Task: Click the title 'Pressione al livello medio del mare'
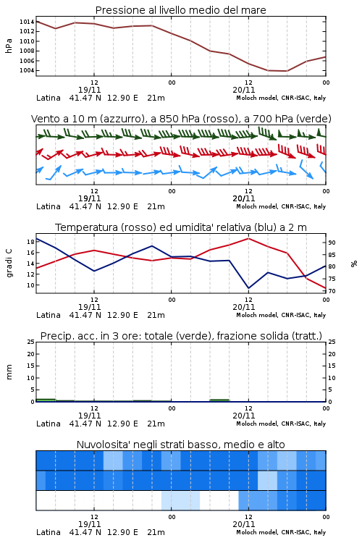[x=180, y=10]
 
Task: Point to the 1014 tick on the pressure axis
[x=27, y=22]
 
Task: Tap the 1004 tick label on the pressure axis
[x=27, y=71]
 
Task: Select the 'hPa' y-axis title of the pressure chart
[x=9, y=46]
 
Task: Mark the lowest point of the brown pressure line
[x=287, y=71]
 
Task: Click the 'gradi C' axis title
[x=9, y=264]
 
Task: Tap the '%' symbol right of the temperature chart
[x=354, y=264]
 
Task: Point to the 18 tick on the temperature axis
[x=30, y=242]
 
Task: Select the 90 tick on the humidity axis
[x=332, y=243]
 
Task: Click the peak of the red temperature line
[x=248, y=238]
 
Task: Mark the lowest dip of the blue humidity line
[x=248, y=287]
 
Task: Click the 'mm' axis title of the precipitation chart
[x=9, y=372]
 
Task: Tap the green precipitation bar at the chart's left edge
[x=46, y=400]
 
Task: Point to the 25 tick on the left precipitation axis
[x=30, y=342]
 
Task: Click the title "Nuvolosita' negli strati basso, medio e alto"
[x=180, y=445]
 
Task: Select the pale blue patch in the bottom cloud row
[x=180, y=500]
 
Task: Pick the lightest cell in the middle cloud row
[x=267, y=480]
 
